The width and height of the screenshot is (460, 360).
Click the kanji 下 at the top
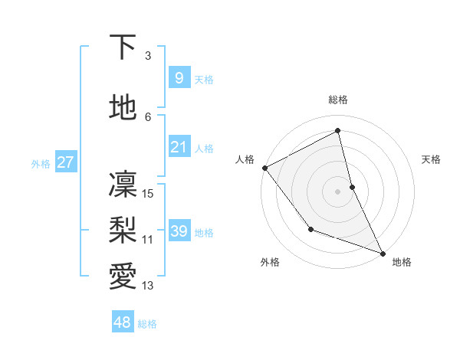[x=123, y=47]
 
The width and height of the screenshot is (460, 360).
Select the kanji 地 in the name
[x=123, y=107]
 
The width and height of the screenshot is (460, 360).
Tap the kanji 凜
[x=123, y=184]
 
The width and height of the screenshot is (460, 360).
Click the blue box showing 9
[x=179, y=78]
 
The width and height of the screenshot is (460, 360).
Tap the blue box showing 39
[x=179, y=231]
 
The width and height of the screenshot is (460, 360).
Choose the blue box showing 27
[x=65, y=162]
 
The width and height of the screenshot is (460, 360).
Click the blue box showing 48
[x=123, y=322]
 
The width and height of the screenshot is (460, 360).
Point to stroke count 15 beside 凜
[x=149, y=194]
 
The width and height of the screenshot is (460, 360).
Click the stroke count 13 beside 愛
[x=149, y=286]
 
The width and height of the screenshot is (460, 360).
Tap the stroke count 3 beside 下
[x=148, y=56]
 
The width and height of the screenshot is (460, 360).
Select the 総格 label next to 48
[x=147, y=324]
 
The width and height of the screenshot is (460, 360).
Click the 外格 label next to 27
[x=41, y=163]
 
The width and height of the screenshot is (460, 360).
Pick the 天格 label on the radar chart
[x=431, y=159]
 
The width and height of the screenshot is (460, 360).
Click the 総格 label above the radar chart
[x=338, y=100]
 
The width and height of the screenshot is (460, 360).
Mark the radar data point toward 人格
[x=264, y=168]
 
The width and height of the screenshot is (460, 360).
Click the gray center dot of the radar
[x=337, y=191]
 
